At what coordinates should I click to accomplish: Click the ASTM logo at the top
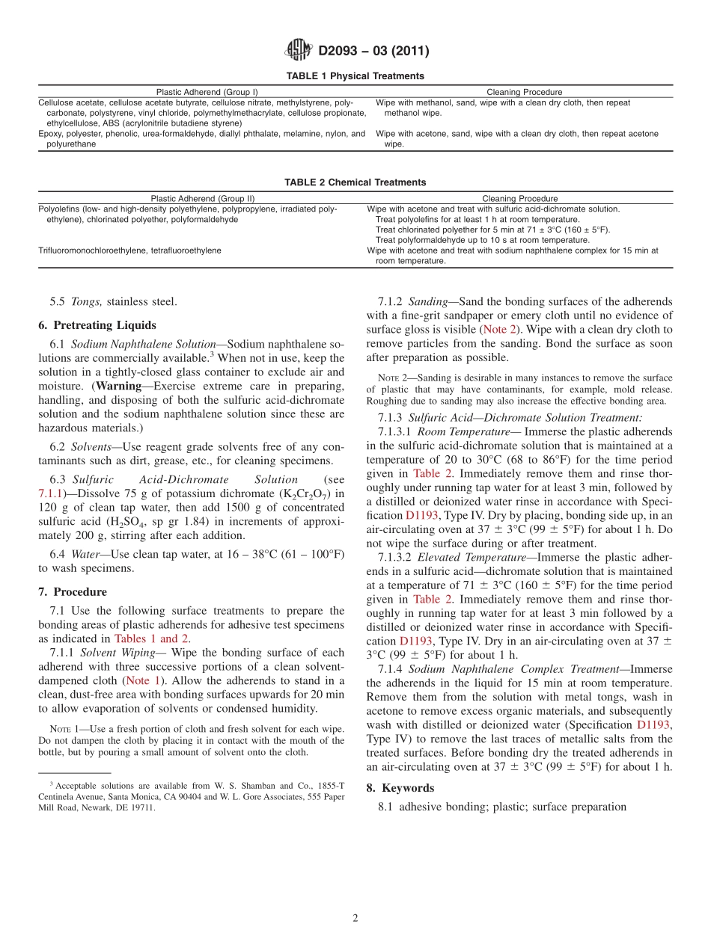pyautogui.click(x=299, y=50)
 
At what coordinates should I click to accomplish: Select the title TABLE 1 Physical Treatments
pyautogui.click(x=355, y=76)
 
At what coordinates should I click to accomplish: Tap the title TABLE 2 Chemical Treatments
pyautogui.click(x=355, y=182)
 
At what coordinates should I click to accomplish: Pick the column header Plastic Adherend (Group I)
pyautogui.click(x=207, y=92)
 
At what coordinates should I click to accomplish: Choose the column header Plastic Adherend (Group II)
pyautogui.click(x=203, y=199)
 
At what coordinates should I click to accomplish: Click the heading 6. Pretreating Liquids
pyautogui.click(x=97, y=325)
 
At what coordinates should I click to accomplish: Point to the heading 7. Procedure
pyautogui.click(x=73, y=592)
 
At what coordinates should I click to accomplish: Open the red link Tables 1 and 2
pyautogui.click(x=151, y=638)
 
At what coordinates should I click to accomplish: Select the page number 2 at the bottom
pyautogui.click(x=355, y=919)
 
